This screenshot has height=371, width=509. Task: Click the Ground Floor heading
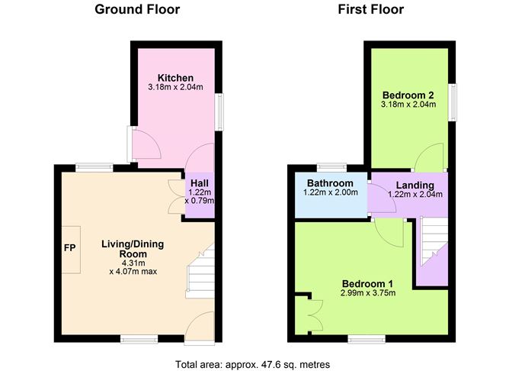[x=137, y=10]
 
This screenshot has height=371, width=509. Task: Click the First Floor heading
[x=371, y=10]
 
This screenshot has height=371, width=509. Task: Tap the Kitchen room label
[x=175, y=78]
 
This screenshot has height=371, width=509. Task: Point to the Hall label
[x=200, y=183]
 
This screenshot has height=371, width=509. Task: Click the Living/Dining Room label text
[x=133, y=250]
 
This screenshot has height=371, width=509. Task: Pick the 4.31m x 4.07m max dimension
[x=133, y=266]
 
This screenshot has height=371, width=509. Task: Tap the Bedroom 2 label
[x=408, y=94]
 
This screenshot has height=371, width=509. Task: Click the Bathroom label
[x=330, y=184]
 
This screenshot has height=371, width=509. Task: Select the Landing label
[x=415, y=185]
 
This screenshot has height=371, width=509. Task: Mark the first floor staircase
[x=431, y=243]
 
